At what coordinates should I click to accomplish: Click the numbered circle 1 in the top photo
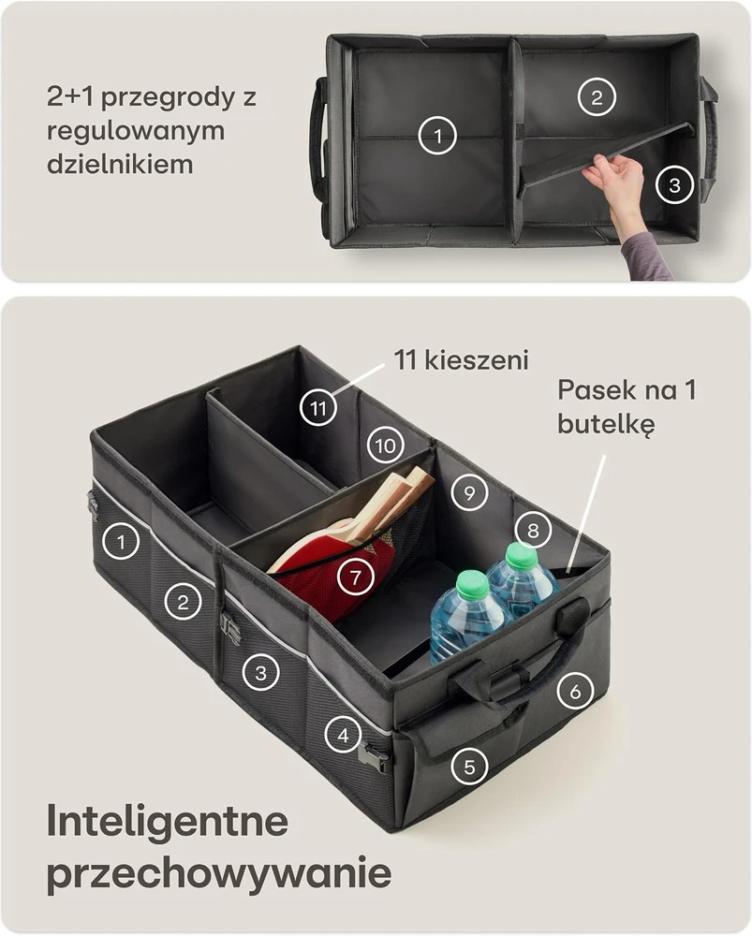tap(437, 136)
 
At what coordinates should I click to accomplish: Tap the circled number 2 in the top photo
tap(597, 96)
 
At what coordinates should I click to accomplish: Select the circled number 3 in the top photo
tap(674, 185)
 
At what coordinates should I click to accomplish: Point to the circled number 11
tap(317, 408)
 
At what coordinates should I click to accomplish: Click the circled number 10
tap(385, 445)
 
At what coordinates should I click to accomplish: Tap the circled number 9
tap(469, 492)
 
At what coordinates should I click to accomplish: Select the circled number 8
tap(533, 530)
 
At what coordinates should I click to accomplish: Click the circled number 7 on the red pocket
tap(356, 577)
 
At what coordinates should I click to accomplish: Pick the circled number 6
tap(575, 692)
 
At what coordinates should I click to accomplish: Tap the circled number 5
tap(469, 767)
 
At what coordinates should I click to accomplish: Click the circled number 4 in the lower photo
tap(343, 735)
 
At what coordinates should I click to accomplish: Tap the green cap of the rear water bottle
tap(522, 556)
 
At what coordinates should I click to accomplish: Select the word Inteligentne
tap(168, 822)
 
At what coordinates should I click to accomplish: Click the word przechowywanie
tap(219, 874)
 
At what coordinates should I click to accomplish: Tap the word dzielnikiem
tap(120, 164)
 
